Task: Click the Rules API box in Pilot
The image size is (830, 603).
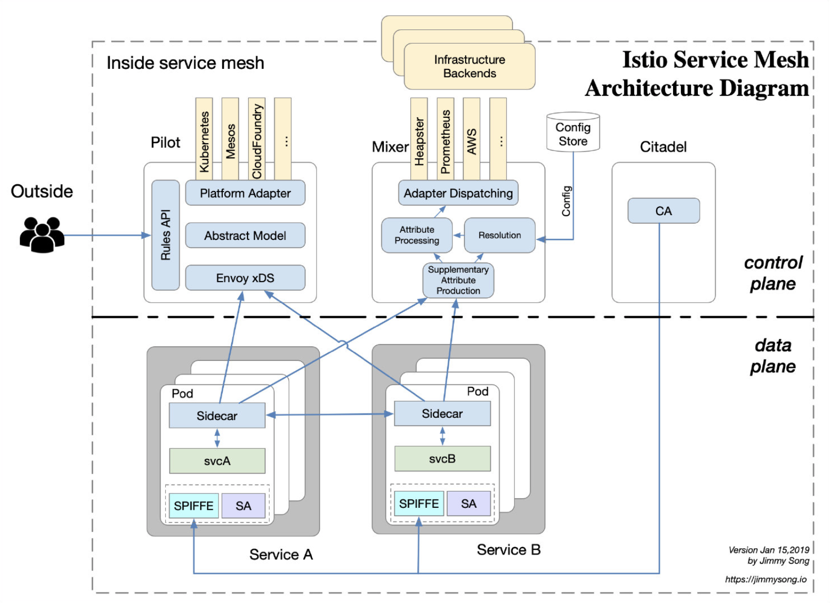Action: (165, 235)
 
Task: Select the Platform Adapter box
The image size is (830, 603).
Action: (245, 193)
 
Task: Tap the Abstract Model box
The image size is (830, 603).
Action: (245, 235)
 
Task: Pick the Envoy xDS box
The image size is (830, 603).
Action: (245, 278)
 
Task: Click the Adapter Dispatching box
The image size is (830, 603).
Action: (458, 193)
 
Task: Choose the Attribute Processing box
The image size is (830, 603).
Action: (417, 235)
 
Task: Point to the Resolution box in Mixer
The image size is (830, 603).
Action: (500, 235)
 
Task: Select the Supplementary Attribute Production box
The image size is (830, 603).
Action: (458, 280)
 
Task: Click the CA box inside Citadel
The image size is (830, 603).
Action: (664, 210)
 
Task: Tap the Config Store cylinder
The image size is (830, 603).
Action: (573, 132)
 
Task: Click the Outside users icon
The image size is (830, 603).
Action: (42, 235)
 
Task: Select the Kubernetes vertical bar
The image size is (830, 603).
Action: (204, 139)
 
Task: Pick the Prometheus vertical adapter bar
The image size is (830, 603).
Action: (446, 139)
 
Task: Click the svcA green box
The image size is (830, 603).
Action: (217, 461)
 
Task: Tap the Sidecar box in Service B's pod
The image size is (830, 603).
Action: (442, 414)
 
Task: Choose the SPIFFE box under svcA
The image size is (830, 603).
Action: (194, 506)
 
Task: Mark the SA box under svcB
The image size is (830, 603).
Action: (469, 504)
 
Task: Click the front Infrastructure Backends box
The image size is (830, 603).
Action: (469, 66)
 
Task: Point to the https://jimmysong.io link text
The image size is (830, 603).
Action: (766, 579)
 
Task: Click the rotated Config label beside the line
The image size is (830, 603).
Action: (566, 201)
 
